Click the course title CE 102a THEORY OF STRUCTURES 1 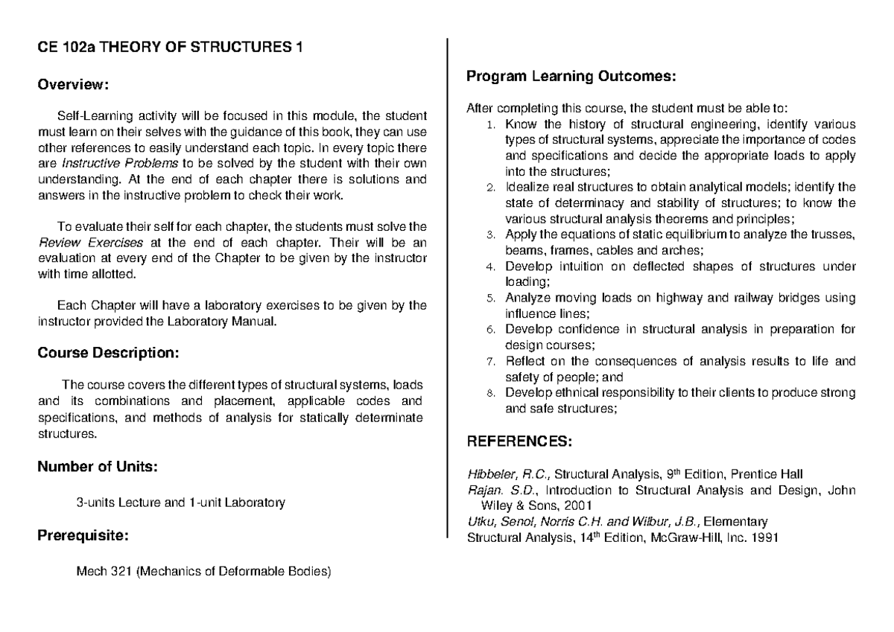(171, 50)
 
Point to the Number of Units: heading (97, 467)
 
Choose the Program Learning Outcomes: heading (571, 76)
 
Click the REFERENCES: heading (519, 442)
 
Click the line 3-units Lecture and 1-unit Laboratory (181, 502)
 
